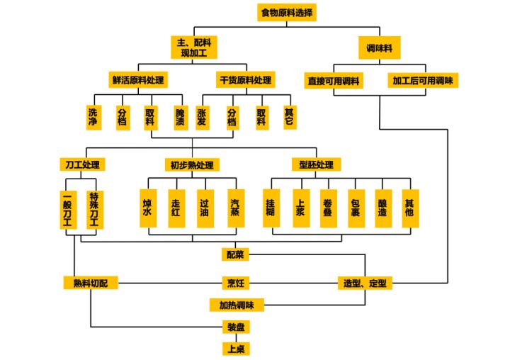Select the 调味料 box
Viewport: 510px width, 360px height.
[379, 49]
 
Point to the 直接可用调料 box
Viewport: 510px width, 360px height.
[334, 80]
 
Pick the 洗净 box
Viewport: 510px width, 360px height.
[93, 116]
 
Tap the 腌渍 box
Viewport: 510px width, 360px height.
[180, 116]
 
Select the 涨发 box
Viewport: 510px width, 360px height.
[203, 116]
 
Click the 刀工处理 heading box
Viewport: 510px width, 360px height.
[81, 165]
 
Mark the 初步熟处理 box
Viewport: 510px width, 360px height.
[191, 165]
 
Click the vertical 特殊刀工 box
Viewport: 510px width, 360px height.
[94, 209]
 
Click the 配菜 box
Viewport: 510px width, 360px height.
[235, 254]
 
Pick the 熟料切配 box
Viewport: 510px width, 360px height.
[91, 283]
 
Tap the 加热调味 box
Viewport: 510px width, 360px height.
[237, 305]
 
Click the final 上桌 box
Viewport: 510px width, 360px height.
[236, 349]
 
